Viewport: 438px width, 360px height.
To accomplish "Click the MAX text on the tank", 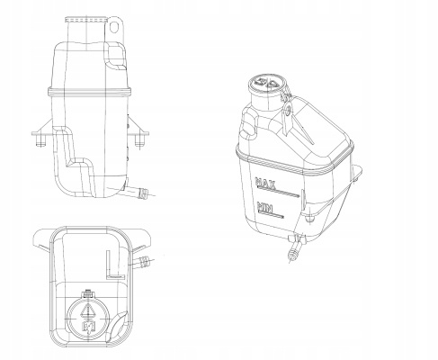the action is (x=265, y=184).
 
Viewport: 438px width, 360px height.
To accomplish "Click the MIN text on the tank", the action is (x=265, y=207).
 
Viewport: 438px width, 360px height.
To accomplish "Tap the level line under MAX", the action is (x=278, y=192).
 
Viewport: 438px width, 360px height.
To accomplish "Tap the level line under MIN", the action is (x=271, y=213).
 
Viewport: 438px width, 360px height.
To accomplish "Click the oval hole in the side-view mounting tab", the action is (x=113, y=27).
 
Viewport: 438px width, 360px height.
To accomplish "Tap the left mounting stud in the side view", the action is (x=40, y=140).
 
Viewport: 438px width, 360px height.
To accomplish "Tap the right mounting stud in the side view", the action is (x=139, y=140).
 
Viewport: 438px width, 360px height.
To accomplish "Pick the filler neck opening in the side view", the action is (x=86, y=19).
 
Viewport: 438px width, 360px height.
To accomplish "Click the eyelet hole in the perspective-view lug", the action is (x=288, y=112).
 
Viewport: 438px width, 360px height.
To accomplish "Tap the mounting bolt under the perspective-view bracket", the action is (x=309, y=217).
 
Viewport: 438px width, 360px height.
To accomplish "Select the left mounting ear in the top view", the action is (x=41, y=238).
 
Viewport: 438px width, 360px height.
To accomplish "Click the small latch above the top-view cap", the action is (x=88, y=293).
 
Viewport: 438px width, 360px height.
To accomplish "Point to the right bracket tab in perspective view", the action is (x=356, y=173).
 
